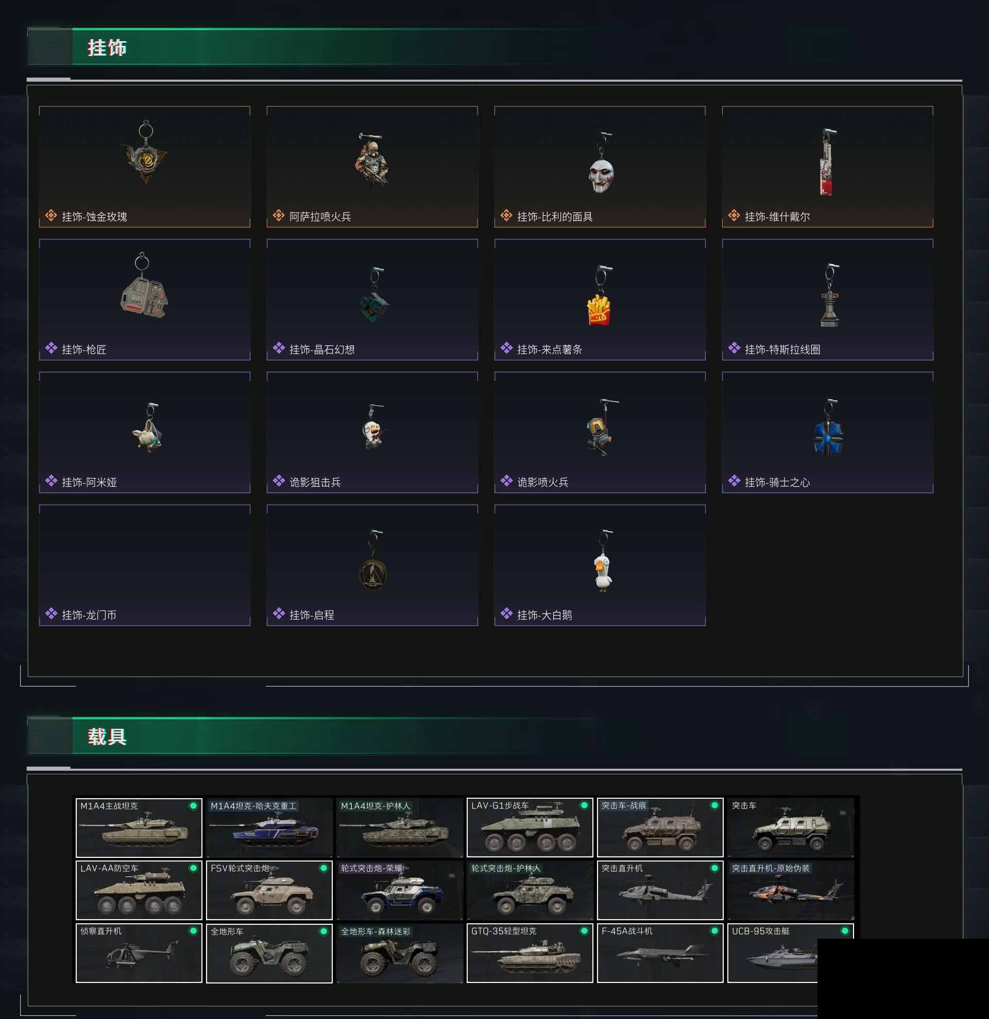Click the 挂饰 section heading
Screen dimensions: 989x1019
pyautogui.click(x=107, y=48)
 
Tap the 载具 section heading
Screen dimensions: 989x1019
pyautogui.click(x=107, y=736)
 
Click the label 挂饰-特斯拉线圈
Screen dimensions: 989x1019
pyautogui.click(x=782, y=349)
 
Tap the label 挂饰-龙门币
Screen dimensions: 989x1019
pyautogui.click(x=89, y=615)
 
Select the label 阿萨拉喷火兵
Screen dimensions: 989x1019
pyautogui.click(x=320, y=217)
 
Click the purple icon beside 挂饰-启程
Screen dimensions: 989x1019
pyautogui.click(x=279, y=613)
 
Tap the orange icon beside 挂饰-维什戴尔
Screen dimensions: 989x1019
pyautogui.click(x=734, y=215)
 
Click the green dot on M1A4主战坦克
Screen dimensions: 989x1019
pyautogui.click(x=193, y=806)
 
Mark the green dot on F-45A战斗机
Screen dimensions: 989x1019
pyautogui.click(x=714, y=931)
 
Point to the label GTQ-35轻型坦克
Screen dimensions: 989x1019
pyautogui.click(x=503, y=931)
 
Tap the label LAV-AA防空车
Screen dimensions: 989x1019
pyautogui.click(x=109, y=868)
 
